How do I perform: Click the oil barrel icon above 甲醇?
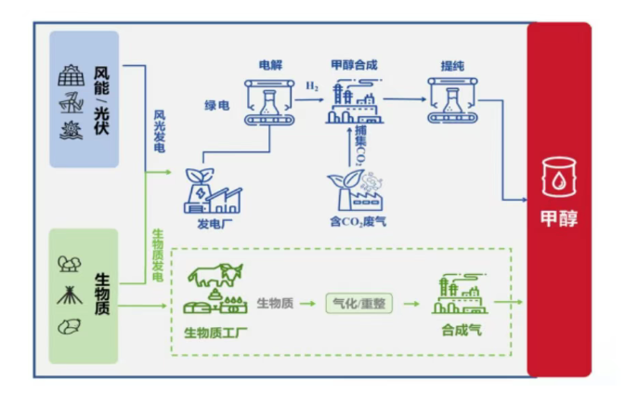click(x=560, y=176)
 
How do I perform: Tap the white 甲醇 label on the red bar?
click(x=559, y=220)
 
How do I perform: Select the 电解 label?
click(x=269, y=66)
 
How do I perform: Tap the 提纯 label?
click(x=453, y=66)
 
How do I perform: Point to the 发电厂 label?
click(x=211, y=223)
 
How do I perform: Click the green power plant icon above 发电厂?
click(x=213, y=190)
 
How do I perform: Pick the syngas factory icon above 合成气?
click(x=460, y=295)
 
